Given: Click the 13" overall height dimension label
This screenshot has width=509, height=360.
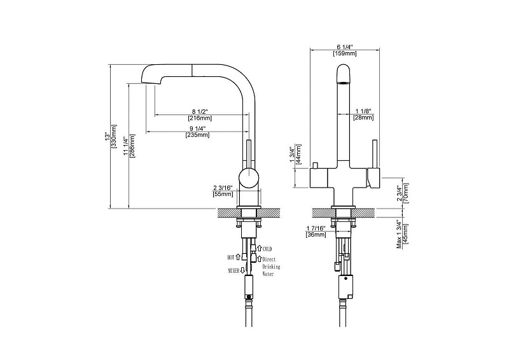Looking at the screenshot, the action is point(106,137).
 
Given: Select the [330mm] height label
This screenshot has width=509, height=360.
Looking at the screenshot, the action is point(114,137).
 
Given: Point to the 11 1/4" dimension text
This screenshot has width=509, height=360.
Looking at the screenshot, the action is point(125,146).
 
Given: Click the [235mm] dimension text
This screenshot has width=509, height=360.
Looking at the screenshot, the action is point(197,135).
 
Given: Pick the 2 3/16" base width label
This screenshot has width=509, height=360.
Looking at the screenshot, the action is point(223,188).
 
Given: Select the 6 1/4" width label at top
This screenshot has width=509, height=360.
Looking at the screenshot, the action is point(344,46).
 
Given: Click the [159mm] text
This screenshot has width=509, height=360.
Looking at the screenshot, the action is point(345,53).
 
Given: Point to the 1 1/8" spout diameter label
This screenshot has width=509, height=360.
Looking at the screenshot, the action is point(363,111).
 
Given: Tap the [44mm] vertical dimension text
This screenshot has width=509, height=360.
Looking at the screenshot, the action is point(298,154).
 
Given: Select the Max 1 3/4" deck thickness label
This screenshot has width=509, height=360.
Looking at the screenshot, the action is point(400,236).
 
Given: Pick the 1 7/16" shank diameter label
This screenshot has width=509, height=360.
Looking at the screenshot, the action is point(316,228).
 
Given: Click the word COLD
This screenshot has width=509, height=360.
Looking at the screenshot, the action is point(267,249).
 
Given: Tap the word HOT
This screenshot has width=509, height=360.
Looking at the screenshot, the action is point(231,258).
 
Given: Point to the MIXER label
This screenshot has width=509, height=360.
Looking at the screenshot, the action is point(234,270).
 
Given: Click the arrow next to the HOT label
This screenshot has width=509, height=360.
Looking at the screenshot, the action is point(238,257).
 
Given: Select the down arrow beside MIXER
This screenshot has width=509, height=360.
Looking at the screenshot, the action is point(242,270).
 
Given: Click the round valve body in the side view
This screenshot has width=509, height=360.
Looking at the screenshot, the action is point(249,178).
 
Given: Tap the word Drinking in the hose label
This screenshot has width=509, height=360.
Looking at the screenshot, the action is point(271,267).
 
